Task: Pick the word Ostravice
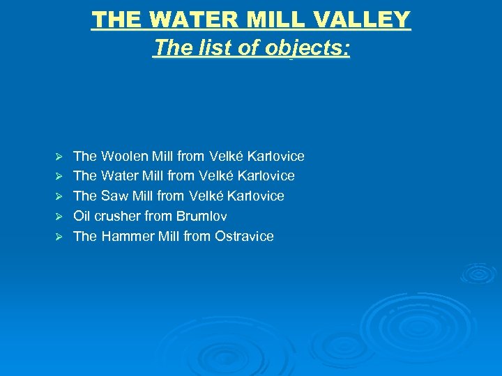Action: click(x=244, y=236)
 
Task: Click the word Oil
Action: click(x=82, y=216)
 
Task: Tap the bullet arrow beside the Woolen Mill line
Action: click(x=59, y=156)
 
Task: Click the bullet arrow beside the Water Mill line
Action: click(x=59, y=176)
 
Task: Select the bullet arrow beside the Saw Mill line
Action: click(x=59, y=196)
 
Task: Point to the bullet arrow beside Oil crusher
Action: click(x=59, y=216)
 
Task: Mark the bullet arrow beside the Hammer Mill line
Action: click(x=59, y=236)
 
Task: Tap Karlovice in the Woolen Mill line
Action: click(x=276, y=156)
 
